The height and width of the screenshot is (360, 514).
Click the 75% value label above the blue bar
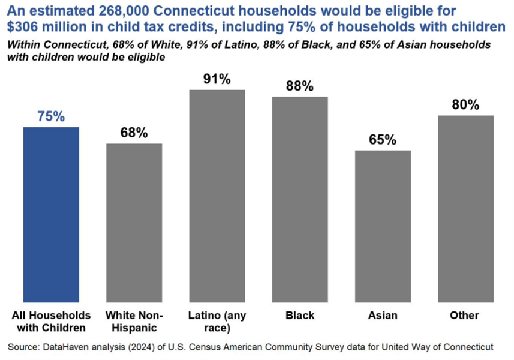pos(51,117)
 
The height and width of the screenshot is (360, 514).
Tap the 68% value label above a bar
pos(134,133)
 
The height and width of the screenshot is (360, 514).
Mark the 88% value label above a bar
pos(300,86)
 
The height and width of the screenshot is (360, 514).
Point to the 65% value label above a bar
pos(383,140)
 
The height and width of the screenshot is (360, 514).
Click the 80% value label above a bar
pos(465,105)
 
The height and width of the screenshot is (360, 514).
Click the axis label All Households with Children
pos(51,321)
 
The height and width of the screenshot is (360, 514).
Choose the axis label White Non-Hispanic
pos(134,321)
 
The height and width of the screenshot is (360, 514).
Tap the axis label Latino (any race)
pos(217,321)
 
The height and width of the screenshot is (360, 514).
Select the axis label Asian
pos(383,315)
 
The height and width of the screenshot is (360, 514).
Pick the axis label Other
pos(465,315)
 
